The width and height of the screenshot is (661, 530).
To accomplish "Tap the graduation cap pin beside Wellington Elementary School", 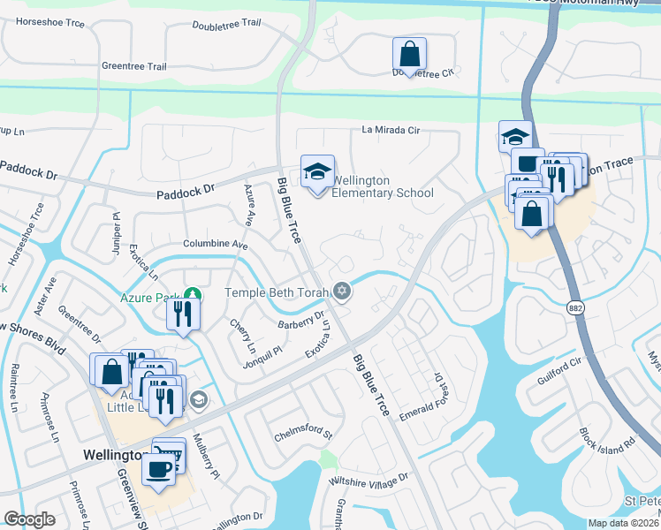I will point(317,172).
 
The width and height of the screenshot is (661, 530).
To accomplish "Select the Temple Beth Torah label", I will point(277,292).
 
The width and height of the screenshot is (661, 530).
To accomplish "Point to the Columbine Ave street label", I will point(215,244).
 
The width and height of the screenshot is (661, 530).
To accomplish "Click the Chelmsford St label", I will point(302,435).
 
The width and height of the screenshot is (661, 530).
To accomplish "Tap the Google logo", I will point(29,519).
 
